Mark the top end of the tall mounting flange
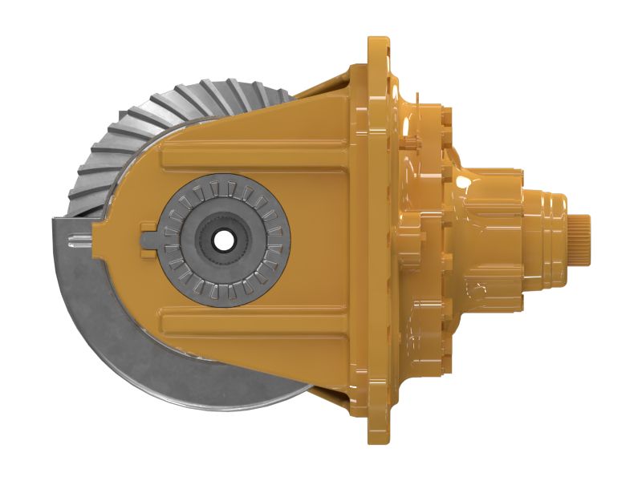(378, 44)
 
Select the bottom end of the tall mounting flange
(378, 437)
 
